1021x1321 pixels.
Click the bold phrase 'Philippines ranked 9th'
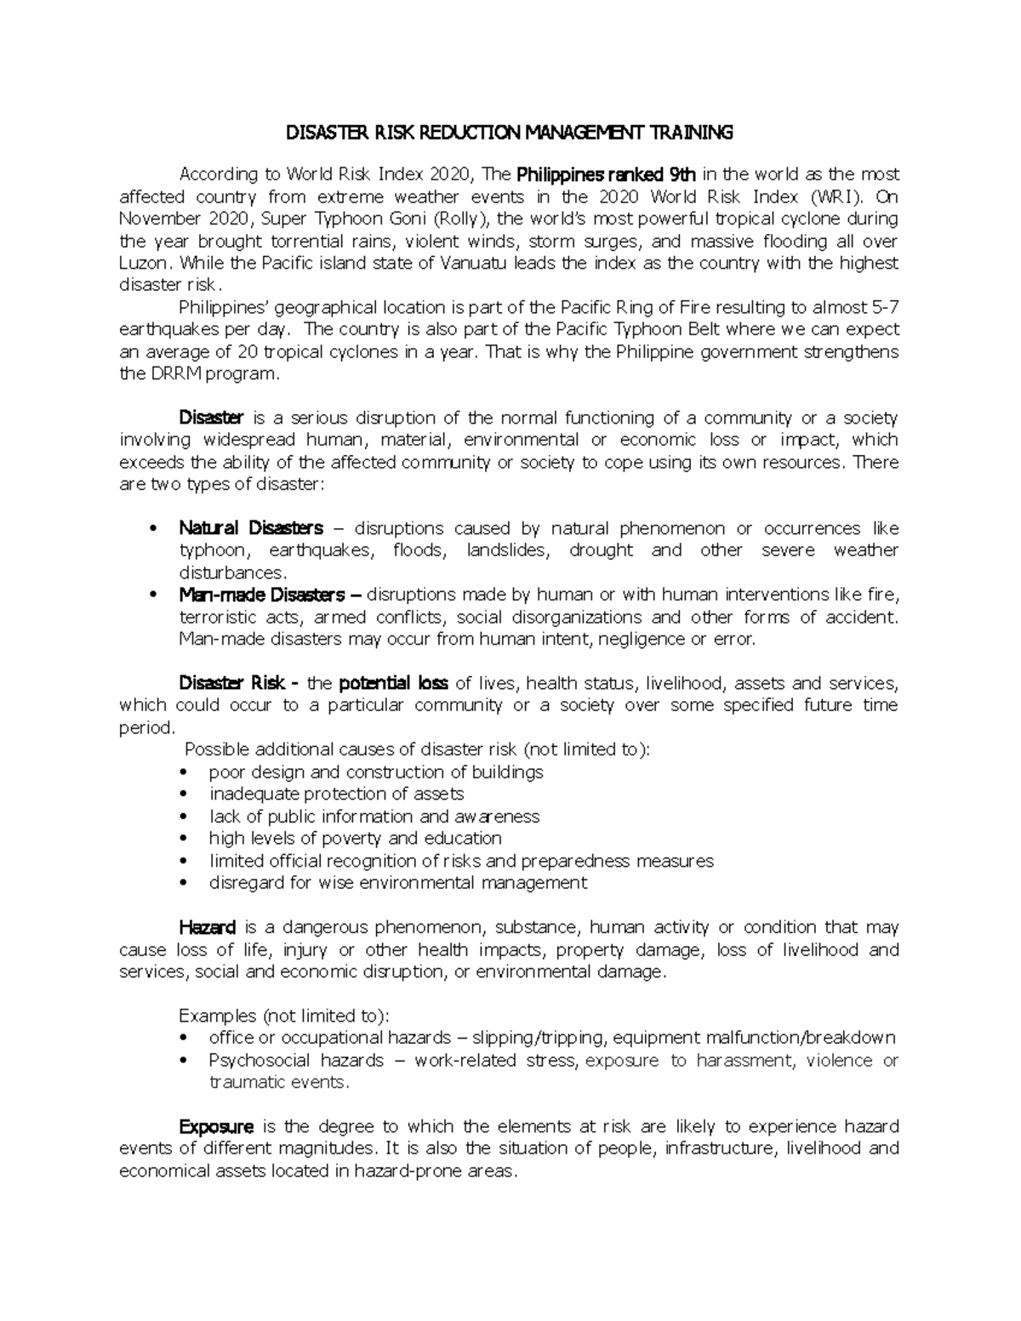pyautogui.click(x=607, y=174)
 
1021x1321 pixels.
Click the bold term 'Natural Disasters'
pyautogui.click(x=251, y=528)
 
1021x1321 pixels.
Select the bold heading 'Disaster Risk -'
pyautogui.click(x=239, y=683)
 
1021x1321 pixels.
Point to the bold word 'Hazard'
pyautogui.click(x=207, y=927)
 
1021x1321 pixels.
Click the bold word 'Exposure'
pyautogui.click(x=216, y=1126)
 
